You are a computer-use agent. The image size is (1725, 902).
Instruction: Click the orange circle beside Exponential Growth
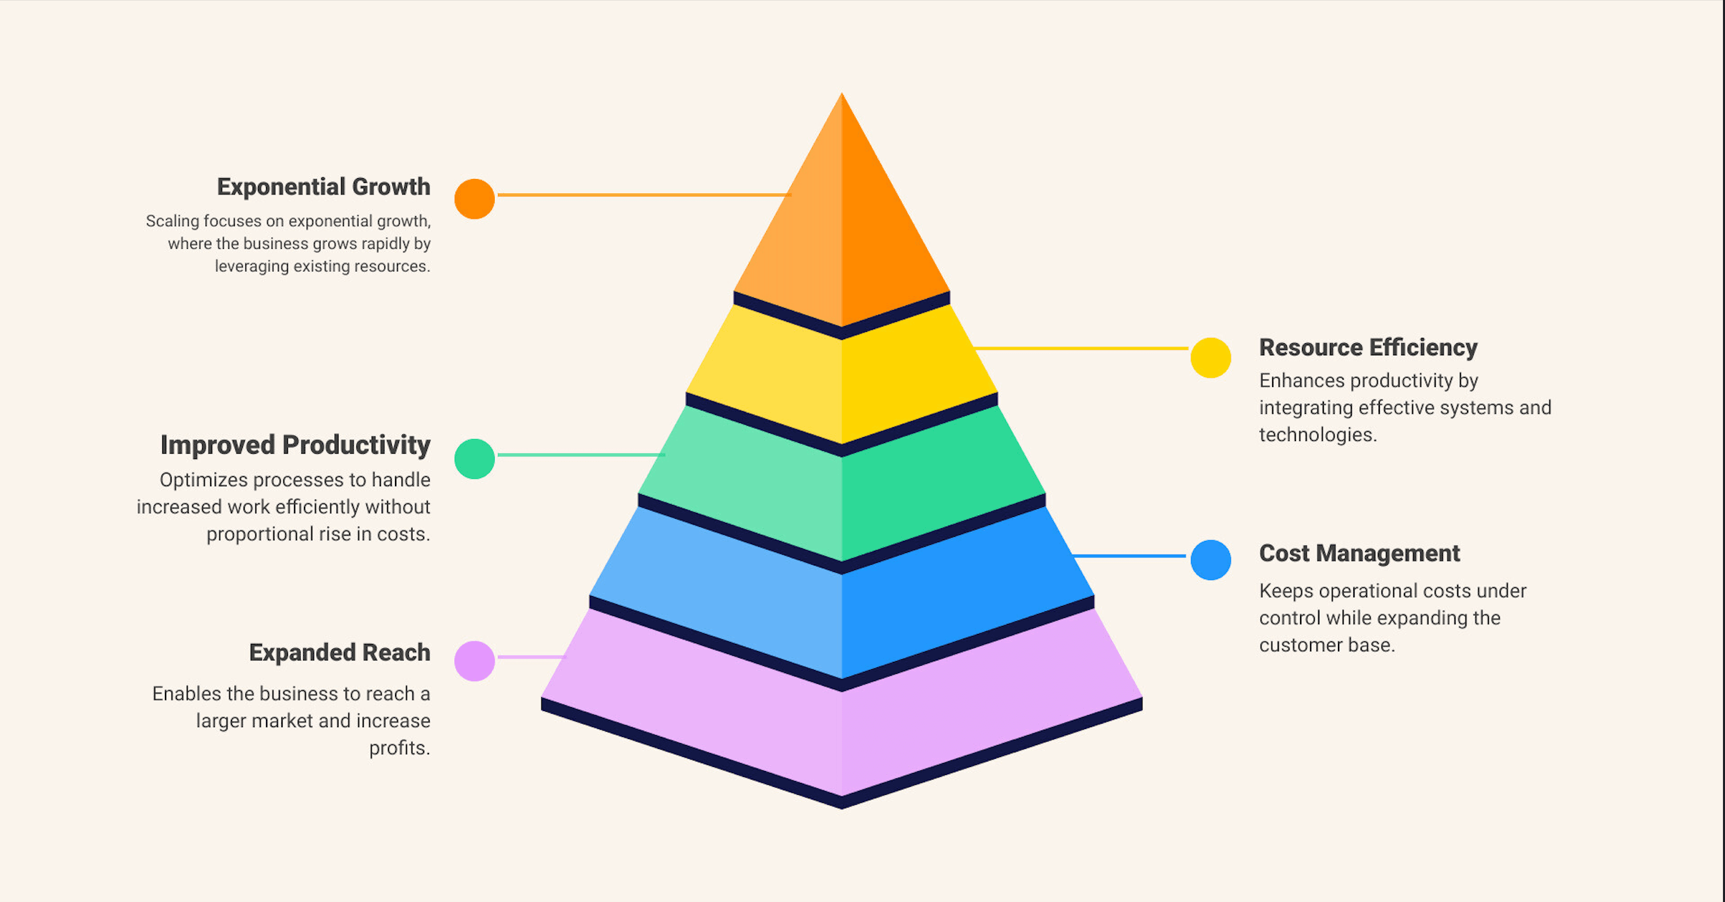pyautogui.click(x=474, y=199)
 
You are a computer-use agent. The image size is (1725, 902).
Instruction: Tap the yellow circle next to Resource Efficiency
pyautogui.click(x=1211, y=358)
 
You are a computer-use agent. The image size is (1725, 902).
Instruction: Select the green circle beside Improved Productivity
pyautogui.click(x=474, y=459)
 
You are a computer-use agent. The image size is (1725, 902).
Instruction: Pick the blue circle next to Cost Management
pyautogui.click(x=1211, y=560)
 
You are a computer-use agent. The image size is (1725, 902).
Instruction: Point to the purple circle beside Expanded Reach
pyautogui.click(x=474, y=661)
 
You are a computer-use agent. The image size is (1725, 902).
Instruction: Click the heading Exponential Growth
pyautogui.click(x=323, y=187)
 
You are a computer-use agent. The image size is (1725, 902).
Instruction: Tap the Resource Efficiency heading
pyautogui.click(x=1368, y=347)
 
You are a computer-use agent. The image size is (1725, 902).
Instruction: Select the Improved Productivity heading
pyautogui.click(x=295, y=445)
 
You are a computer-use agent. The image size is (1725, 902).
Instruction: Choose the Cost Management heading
pyautogui.click(x=1359, y=553)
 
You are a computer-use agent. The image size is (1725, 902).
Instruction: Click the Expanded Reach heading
pyautogui.click(x=340, y=653)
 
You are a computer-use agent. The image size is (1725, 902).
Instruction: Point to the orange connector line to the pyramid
pyautogui.click(x=644, y=195)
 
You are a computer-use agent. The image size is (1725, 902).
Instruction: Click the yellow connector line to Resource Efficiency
pyautogui.click(x=1081, y=348)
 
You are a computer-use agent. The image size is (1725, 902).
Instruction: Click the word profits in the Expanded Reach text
pyautogui.click(x=399, y=748)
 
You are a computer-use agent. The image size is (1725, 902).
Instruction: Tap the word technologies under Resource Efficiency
pyautogui.click(x=1318, y=434)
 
